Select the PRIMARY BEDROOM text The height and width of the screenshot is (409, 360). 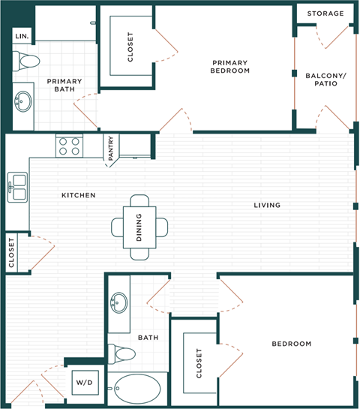point(230,67)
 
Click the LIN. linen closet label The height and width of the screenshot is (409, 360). point(21,36)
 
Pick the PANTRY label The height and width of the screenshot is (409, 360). point(111,148)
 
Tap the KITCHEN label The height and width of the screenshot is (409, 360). point(78,195)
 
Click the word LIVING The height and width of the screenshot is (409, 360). point(267,205)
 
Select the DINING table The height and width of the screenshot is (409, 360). point(140,227)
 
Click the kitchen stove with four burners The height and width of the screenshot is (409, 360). point(69,146)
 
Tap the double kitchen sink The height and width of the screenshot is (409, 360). point(17,186)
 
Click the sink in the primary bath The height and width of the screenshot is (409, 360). point(24,101)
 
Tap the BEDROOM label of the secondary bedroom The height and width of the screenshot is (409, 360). point(291,344)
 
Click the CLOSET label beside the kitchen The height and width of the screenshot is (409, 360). point(12,252)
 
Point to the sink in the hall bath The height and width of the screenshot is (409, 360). point(119,303)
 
